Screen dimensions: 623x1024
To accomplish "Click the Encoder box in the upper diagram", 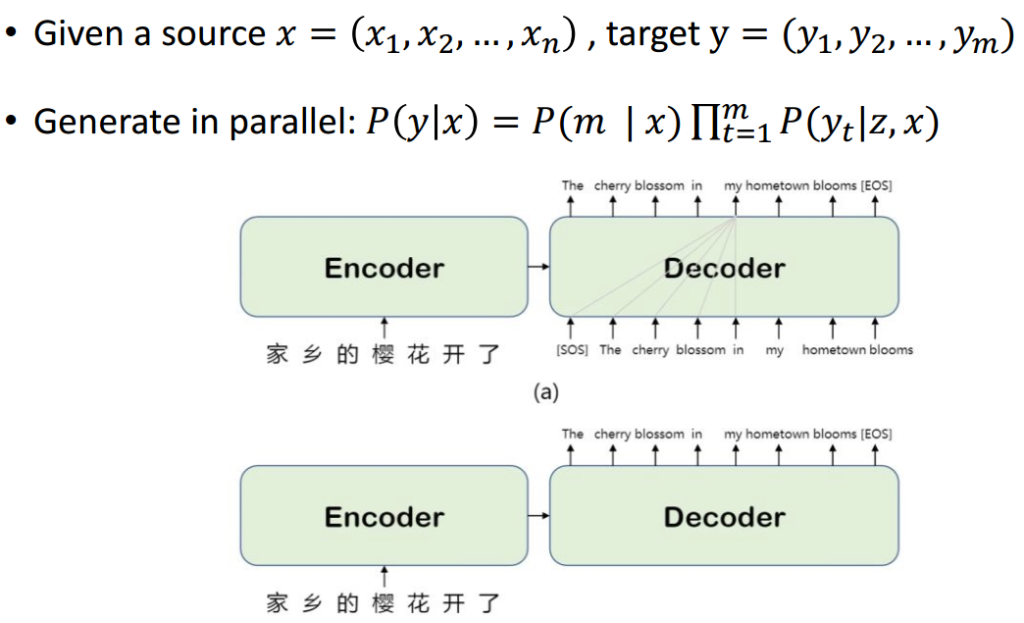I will click(384, 267).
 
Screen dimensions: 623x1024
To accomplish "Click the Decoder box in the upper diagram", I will click(724, 267).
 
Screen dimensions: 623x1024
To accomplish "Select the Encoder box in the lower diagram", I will click(384, 516).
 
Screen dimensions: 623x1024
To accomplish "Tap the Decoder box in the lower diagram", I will click(724, 516).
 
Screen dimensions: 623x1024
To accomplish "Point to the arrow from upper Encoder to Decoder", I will click(538, 267).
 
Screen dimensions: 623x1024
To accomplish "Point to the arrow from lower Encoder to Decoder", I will click(538, 516).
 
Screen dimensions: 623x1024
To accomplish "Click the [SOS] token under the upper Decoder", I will click(572, 350).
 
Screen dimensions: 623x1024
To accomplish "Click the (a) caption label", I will click(545, 393).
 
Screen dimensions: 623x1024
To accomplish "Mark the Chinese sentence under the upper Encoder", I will click(384, 354).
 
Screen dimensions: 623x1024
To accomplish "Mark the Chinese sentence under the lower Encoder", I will click(384, 602).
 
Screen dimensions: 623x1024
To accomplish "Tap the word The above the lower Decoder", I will click(572, 434).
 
